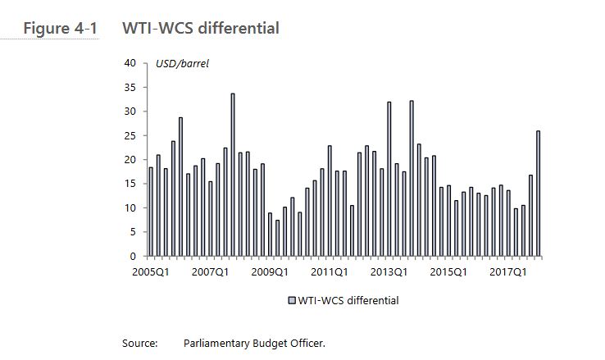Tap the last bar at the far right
point(539,194)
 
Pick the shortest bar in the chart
point(277,238)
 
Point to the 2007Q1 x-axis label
point(210,271)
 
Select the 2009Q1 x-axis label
point(271,271)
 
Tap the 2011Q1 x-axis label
point(330,271)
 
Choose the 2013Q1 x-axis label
point(389,271)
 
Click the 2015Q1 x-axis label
point(448,271)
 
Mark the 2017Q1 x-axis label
point(508,271)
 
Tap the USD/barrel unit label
point(182,63)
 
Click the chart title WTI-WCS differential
point(200,29)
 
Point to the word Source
point(139,344)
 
